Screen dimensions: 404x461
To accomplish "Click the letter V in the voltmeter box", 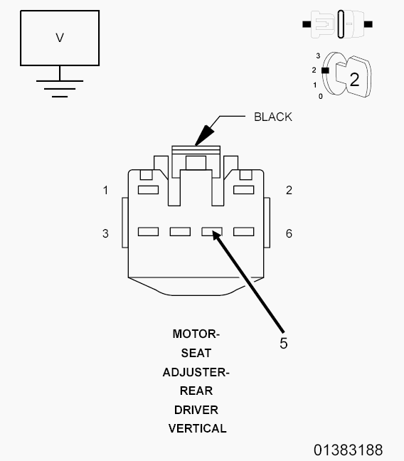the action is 60,38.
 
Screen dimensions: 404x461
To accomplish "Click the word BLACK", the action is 273,117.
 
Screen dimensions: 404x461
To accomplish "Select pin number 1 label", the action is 105,190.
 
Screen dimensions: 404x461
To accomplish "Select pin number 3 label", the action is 105,233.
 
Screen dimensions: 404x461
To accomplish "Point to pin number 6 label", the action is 289,233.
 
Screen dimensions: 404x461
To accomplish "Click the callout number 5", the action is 284,343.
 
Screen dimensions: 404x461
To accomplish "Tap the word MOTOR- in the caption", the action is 196,334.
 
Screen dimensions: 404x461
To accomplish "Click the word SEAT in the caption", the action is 196,353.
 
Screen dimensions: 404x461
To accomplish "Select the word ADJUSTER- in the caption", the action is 196,372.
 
